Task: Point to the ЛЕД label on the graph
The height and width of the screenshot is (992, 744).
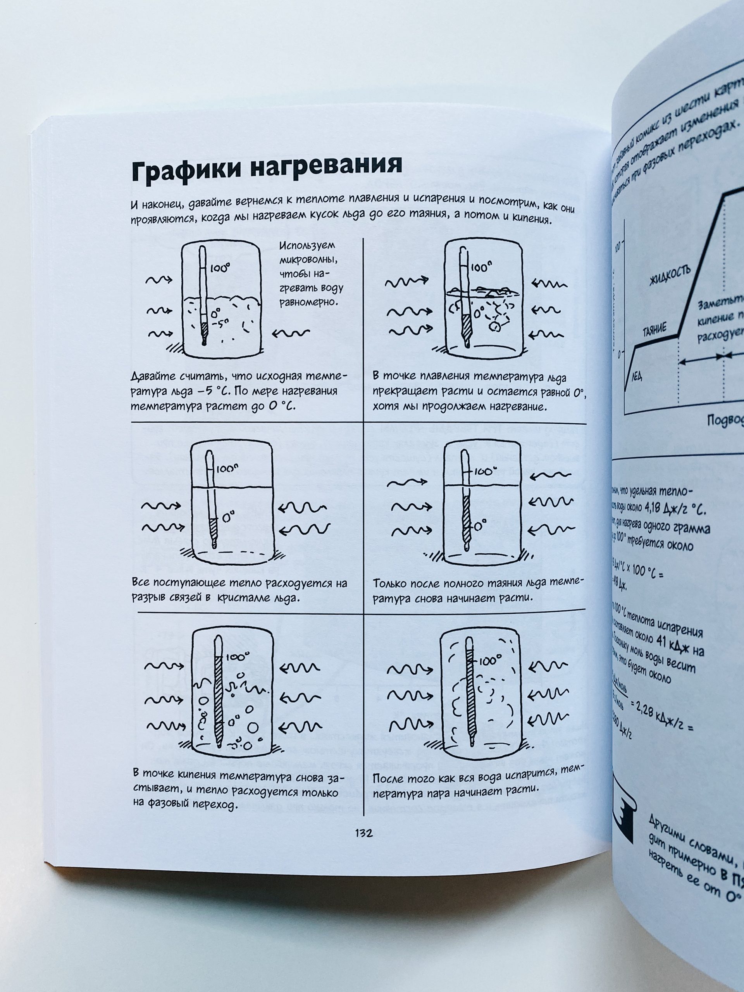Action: (637, 376)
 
